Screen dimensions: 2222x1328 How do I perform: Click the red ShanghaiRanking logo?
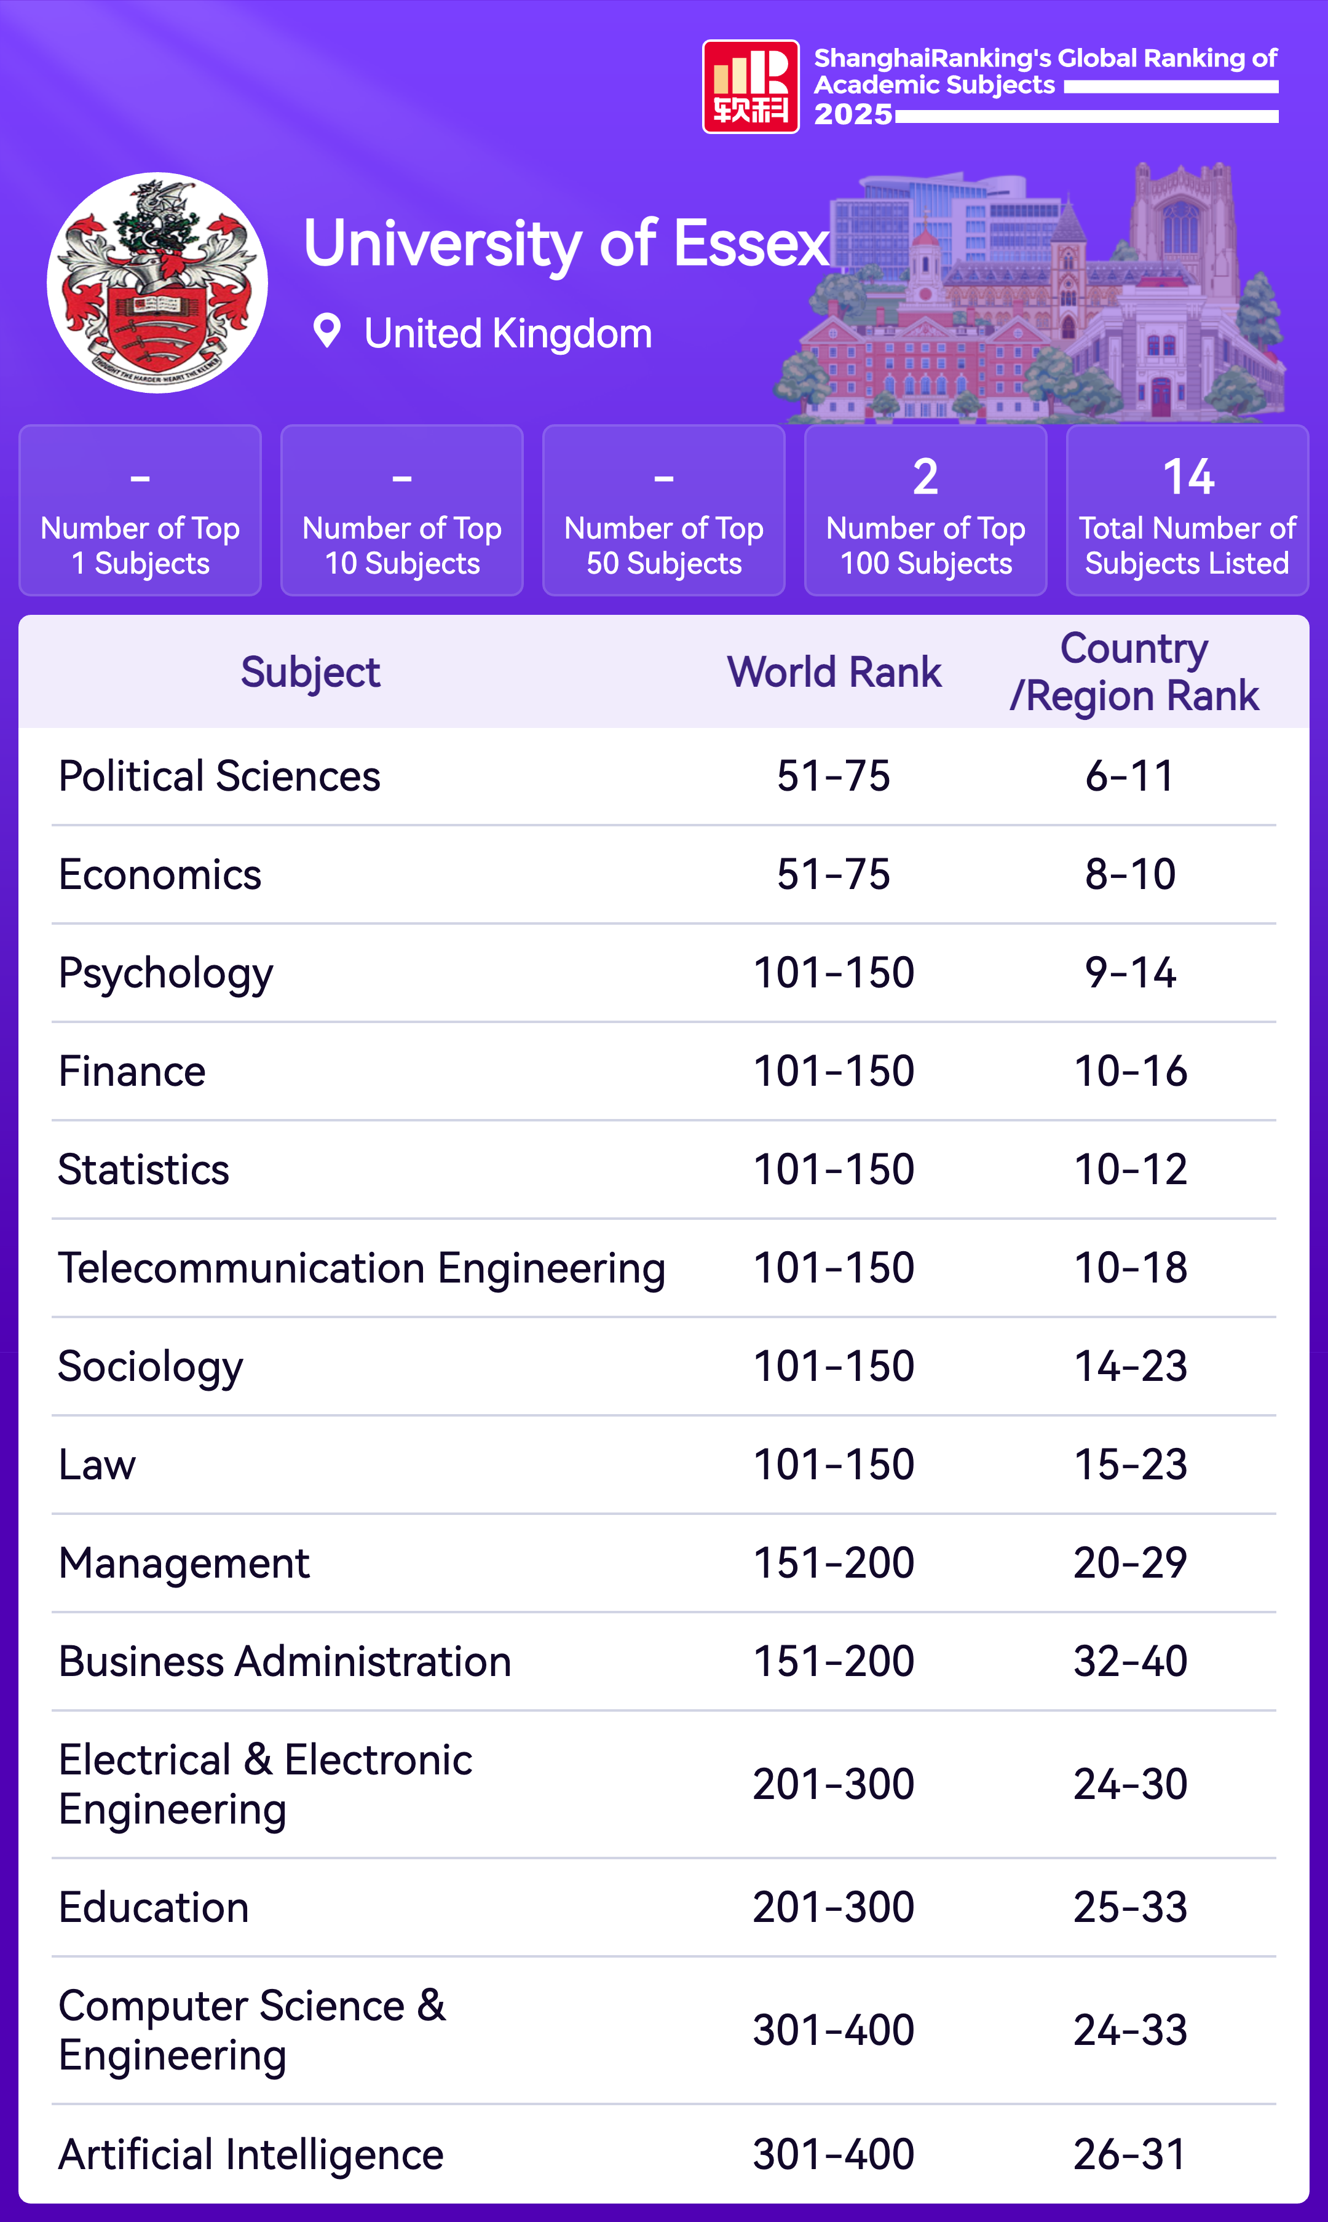click(x=750, y=87)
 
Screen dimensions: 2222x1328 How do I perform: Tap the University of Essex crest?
click(x=157, y=283)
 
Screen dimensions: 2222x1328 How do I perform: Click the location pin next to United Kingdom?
click(x=326, y=331)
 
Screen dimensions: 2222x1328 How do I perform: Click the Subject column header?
click(x=310, y=672)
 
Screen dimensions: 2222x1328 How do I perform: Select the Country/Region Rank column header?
click(x=1134, y=672)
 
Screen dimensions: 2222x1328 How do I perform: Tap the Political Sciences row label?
click(x=219, y=776)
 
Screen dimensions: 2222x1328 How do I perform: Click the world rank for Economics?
click(x=833, y=874)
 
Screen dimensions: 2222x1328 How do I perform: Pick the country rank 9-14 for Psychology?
click(x=1130, y=973)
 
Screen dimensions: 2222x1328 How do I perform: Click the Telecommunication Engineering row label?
click(x=362, y=1268)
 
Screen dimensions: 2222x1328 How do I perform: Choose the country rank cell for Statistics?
click(x=1130, y=1169)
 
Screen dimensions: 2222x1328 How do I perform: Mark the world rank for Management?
click(x=833, y=1564)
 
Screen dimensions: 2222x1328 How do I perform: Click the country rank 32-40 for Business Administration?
click(x=1130, y=1662)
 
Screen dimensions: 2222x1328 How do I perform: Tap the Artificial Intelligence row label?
click(x=251, y=2154)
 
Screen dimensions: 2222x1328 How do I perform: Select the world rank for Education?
click(x=833, y=1907)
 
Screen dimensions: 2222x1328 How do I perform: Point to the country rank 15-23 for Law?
click(x=1130, y=1465)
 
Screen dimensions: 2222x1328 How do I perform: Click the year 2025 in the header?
click(x=853, y=114)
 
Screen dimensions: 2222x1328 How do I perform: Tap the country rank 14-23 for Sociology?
click(x=1130, y=1367)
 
